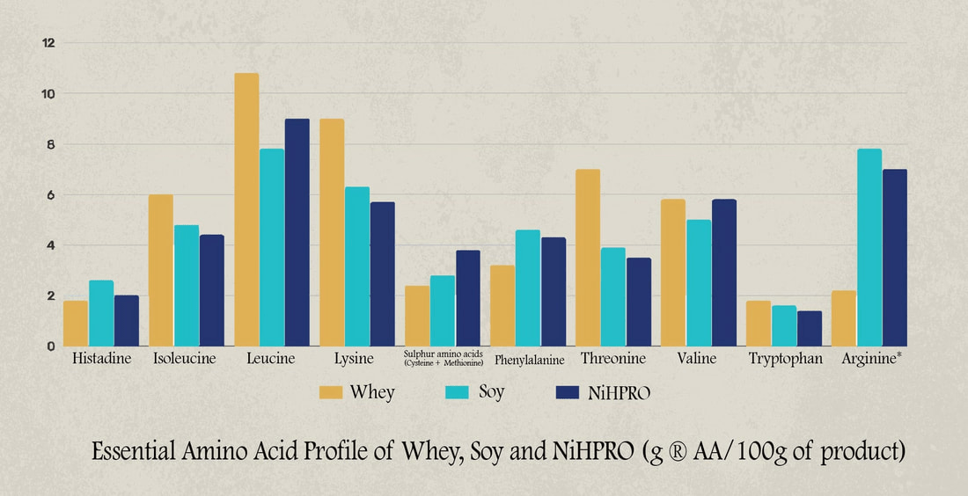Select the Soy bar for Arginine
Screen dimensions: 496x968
point(869,247)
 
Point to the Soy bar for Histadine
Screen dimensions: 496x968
point(101,313)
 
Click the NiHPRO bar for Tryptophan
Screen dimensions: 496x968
point(809,328)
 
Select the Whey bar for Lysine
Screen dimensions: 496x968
point(332,232)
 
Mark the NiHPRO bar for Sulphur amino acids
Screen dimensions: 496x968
point(468,298)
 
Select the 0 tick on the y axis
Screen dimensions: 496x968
point(51,346)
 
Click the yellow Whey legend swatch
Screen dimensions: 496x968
point(331,392)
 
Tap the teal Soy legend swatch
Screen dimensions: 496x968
point(458,392)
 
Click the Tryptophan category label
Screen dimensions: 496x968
point(785,359)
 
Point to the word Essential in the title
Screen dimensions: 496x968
point(141,452)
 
